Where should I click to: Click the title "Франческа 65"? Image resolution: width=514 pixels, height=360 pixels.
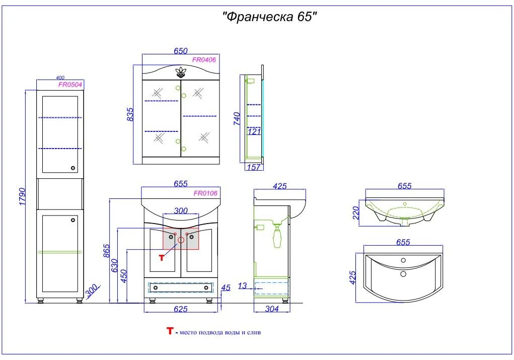tap(270, 17)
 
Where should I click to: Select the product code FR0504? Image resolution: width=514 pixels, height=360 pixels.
tap(70, 85)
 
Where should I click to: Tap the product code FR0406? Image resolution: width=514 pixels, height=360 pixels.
tap(204, 59)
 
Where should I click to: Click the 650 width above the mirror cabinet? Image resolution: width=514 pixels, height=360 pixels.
tap(180, 51)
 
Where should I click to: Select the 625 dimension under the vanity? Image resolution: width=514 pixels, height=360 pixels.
tap(180, 309)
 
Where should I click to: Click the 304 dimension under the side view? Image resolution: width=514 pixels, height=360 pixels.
tap(272, 309)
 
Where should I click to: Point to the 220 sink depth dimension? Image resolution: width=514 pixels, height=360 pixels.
tap(356, 212)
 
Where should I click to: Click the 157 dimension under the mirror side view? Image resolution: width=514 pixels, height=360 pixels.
tap(254, 168)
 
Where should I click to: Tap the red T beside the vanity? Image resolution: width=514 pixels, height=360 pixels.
tap(162, 258)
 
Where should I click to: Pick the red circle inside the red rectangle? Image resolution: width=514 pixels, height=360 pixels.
tap(181, 240)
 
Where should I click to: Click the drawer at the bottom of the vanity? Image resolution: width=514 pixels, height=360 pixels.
tap(180, 287)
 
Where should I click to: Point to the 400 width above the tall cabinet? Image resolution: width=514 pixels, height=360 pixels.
tap(60, 78)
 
